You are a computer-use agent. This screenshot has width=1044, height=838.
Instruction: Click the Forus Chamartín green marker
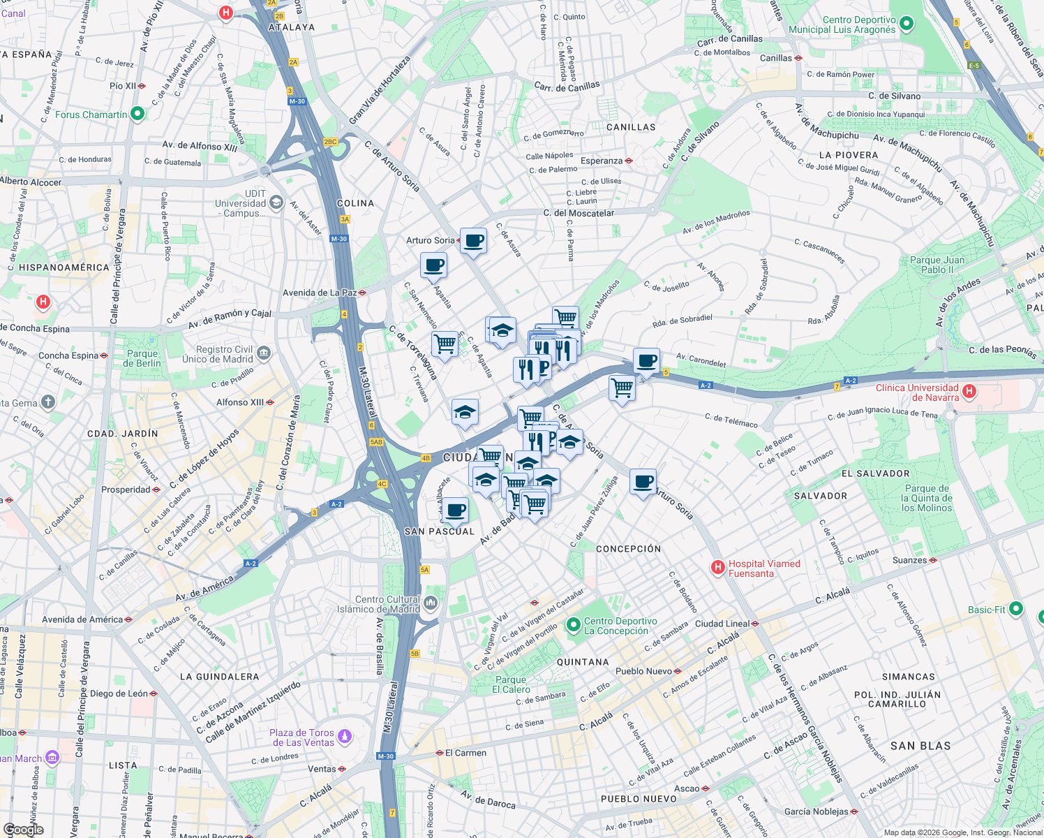click(137, 113)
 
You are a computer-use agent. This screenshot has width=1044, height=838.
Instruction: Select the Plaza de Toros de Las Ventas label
click(301, 737)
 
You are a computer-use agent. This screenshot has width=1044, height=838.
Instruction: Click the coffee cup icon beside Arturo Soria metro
click(474, 241)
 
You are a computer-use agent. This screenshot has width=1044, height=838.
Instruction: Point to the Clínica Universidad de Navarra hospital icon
click(969, 392)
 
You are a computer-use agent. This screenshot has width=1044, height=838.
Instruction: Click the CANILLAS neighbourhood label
click(631, 127)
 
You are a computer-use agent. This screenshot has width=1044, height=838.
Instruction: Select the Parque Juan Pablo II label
click(937, 265)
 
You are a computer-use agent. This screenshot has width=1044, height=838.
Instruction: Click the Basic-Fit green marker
click(1015, 609)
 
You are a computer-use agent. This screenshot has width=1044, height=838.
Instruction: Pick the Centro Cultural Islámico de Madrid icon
click(431, 603)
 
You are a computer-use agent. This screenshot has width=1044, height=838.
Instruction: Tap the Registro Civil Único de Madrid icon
click(263, 353)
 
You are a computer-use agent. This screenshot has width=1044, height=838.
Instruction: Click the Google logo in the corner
click(23, 830)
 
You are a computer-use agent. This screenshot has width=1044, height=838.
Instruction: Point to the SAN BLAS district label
click(920, 746)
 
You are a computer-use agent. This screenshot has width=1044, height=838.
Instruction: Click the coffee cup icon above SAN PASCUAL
click(456, 510)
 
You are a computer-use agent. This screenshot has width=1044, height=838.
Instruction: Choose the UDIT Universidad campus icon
click(276, 203)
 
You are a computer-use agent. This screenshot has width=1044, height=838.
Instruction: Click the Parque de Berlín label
click(142, 358)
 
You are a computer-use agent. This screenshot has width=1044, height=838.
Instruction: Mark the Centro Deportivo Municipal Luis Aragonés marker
click(906, 24)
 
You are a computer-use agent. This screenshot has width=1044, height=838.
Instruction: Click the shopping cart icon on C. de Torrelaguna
click(445, 344)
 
